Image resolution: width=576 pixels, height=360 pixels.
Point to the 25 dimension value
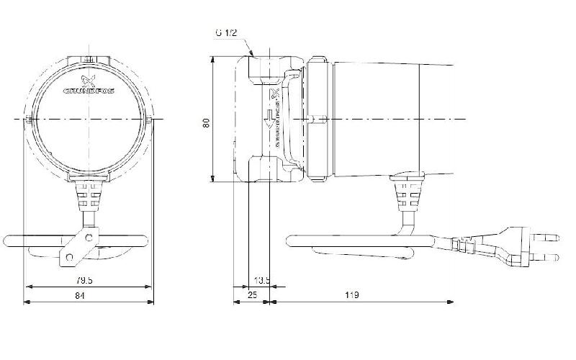click(x=251, y=295)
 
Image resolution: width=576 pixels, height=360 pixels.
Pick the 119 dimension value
click(x=353, y=295)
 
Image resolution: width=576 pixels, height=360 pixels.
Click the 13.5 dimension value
click(x=263, y=280)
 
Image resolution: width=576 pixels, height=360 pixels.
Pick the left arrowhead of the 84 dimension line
click(x=28, y=302)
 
